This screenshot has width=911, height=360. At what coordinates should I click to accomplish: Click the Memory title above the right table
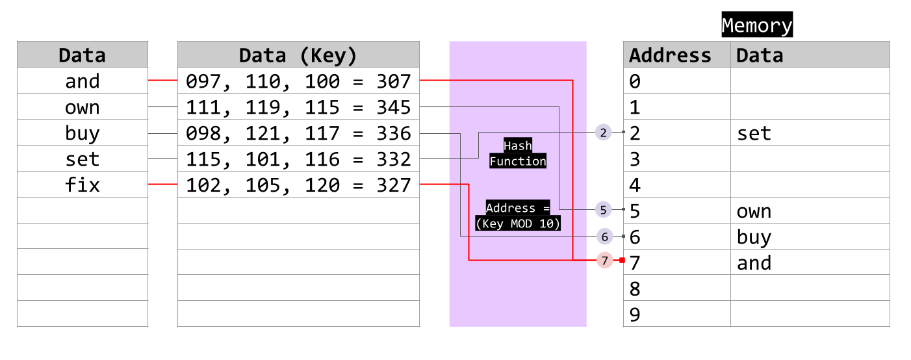pyautogui.click(x=756, y=26)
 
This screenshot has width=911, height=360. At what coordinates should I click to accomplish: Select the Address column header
pyautogui.click(x=670, y=55)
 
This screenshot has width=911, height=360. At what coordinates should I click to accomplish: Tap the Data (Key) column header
pyautogui.click(x=298, y=55)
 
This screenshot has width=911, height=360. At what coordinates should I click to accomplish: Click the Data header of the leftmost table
pyautogui.click(x=82, y=55)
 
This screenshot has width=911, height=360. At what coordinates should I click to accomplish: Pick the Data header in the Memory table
pyautogui.click(x=759, y=55)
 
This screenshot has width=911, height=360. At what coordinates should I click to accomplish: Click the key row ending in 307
pyautogui.click(x=298, y=81)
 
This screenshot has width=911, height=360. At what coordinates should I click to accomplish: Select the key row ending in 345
pyautogui.click(x=298, y=107)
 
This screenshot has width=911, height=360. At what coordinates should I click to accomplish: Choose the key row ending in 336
pyautogui.click(x=298, y=133)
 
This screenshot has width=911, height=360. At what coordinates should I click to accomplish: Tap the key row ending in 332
pyautogui.click(x=298, y=159)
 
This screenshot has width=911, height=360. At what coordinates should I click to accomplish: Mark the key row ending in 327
pyautogui.click(x=298, y=185)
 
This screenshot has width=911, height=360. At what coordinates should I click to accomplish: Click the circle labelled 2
pyautogui.click(x=604, y=133)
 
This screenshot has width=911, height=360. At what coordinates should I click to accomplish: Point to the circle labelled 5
pyautogui.click(x=604, y=209)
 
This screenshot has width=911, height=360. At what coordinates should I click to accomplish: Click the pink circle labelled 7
pyautogui.click(x=605, y=261)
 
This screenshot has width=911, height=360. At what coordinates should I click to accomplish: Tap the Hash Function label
pyautogui.click(x=518, y=153)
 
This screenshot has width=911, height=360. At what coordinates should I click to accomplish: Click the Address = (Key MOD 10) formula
pyautogui.click(x=518, y=216)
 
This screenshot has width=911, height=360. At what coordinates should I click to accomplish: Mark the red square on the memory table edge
pyautogui.click(x=622, y=260)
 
